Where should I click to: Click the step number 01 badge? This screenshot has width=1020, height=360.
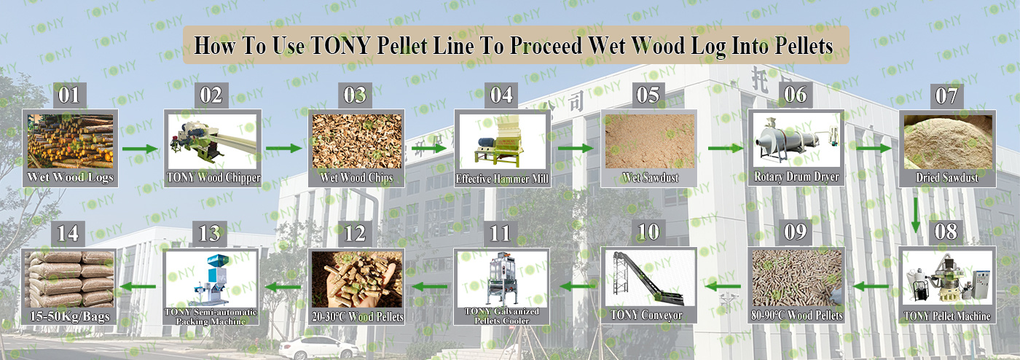coord(70,95)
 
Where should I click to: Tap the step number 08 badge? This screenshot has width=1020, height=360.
coord(946,232)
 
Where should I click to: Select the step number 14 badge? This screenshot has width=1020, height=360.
coord(68,234)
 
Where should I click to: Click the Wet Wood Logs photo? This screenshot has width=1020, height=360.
coord(70,141)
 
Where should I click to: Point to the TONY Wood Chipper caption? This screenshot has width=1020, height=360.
coord(213,178)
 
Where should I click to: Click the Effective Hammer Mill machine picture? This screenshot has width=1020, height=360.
coord(502,141)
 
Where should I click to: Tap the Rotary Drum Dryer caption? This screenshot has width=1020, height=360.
coord(796,177)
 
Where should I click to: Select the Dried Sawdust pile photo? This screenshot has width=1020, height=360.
coord(948,141)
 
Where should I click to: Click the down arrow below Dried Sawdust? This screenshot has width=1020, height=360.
coord(916,216)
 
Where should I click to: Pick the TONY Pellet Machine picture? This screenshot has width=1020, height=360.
coord(947,278)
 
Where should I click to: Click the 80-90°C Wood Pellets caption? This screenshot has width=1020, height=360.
coord(797,316)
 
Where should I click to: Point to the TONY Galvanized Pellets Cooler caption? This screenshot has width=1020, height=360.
coord(502,316)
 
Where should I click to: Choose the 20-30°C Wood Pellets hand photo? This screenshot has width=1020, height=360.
coord(357,279)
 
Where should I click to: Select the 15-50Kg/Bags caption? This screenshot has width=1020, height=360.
coord(70,317)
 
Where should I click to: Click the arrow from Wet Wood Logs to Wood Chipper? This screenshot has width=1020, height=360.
coord(140,149)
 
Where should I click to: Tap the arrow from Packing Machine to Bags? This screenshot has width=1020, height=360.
coord(137,286)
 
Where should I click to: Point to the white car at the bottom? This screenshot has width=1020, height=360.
coord(319,348)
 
